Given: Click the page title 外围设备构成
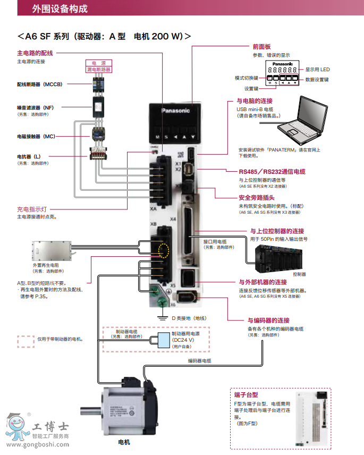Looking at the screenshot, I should click(60, 9).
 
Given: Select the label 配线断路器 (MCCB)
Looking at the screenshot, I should click(39, 84).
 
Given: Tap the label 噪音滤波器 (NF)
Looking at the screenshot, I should click(35, 107).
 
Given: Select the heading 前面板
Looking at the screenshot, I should click(261, 47).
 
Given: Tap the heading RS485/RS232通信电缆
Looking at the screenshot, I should click(272, 172).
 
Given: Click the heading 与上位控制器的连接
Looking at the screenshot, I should click(277, 231).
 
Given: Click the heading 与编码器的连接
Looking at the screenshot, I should click(268, 321).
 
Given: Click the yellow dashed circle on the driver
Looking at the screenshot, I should click(165, 250).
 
